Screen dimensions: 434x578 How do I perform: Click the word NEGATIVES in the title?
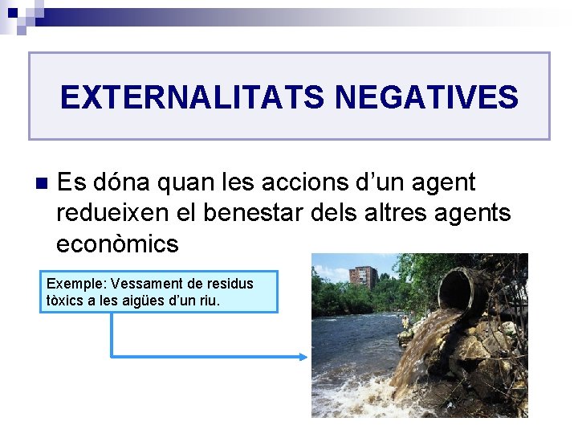pos(426,98)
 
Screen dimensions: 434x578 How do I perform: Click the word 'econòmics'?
pos(117,244)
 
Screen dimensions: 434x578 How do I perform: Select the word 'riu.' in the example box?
pos(207,301)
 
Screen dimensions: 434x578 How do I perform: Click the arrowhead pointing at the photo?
pos(303,357)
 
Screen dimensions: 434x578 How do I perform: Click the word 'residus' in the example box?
pos(231,284)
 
